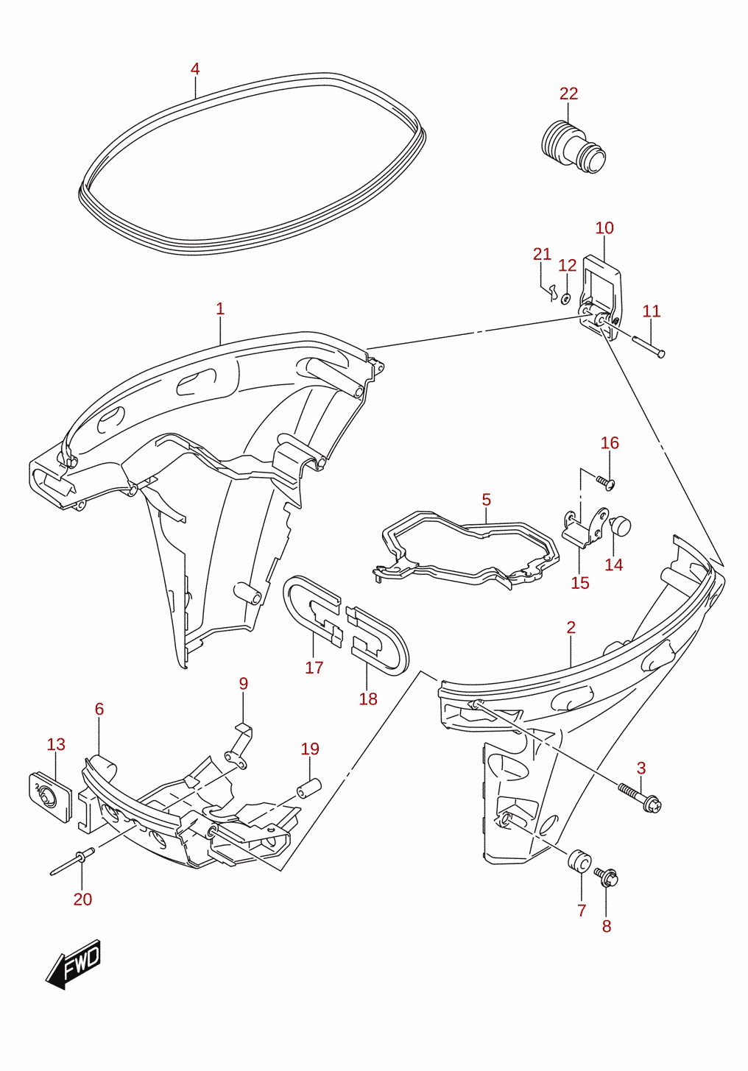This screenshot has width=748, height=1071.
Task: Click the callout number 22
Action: [568, 93]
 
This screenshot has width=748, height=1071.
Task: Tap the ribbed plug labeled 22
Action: [573, 146]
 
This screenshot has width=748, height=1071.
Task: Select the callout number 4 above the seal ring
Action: [194, 69]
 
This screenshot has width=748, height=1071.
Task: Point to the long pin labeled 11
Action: [649, 346]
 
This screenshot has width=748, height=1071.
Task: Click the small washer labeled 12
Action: [565, 299]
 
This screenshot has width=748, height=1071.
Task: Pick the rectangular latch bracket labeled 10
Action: [601, 298]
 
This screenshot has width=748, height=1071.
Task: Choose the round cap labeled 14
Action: [621, 525]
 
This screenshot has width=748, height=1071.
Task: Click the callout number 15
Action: [580, 583]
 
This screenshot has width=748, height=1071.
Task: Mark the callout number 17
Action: [314, 668]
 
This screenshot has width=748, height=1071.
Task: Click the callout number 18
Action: [368, 699]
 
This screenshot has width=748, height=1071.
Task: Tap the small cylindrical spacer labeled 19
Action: [309, 788]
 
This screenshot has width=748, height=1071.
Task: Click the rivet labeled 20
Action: [72, 861]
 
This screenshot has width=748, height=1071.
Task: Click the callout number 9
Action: [244, 684]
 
